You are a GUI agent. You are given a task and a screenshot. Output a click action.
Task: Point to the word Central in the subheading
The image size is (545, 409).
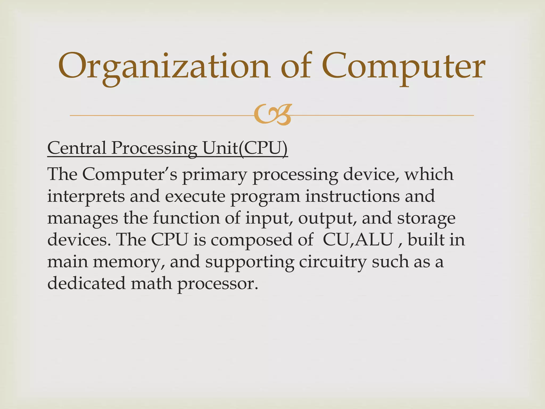pos(77,148)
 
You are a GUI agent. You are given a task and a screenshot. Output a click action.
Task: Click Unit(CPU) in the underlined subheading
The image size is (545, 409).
pos(245,148)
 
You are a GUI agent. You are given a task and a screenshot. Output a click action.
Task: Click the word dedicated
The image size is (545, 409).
pos(86,283)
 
